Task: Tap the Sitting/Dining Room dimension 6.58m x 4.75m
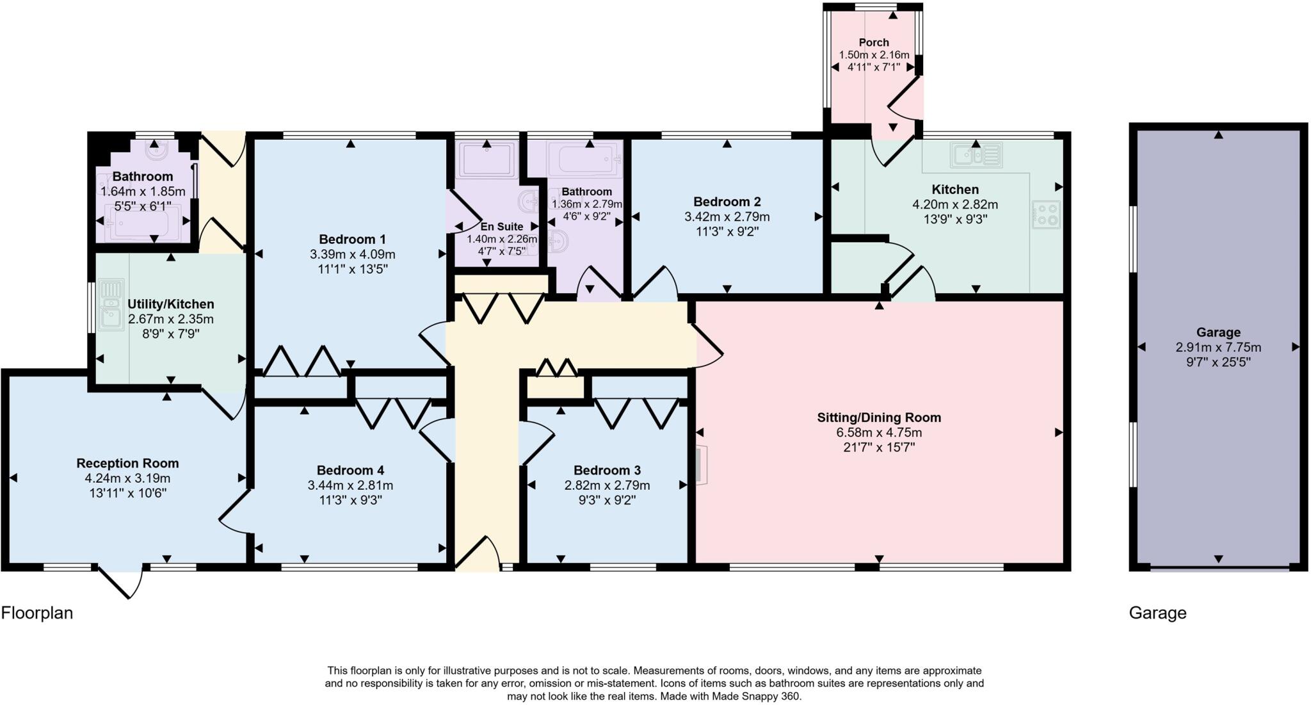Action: point(879,432)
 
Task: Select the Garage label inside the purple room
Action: point(1218,332)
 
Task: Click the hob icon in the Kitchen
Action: point(1046,215)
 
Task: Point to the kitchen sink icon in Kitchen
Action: point(976,155)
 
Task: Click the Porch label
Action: point(874,42)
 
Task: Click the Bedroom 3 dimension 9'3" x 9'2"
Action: point(607,499)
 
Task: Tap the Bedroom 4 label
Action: point(350,471)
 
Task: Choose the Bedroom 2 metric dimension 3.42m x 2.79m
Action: point(727,217)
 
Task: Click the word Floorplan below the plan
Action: point(37,613)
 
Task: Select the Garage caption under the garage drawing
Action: point(1157,613)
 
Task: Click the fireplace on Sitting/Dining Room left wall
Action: point(702,464)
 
